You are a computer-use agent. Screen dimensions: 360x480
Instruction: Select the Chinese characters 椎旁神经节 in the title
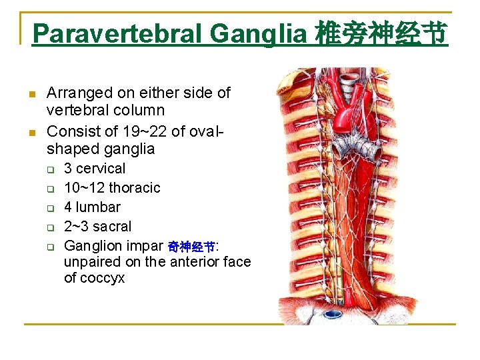point(382,33)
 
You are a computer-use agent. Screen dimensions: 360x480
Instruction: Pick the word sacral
point(113,227)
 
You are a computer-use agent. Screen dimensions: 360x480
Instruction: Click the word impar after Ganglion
point(141,245)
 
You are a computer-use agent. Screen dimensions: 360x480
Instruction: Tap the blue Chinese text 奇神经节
point(191,247)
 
